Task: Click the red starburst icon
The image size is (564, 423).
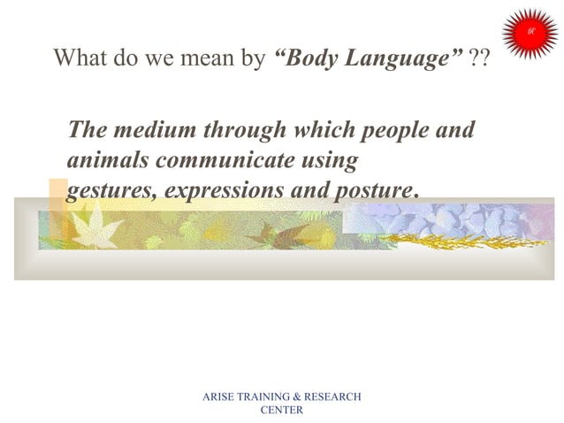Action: (x=530, y=33)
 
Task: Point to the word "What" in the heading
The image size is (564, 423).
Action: (x=80, y=59)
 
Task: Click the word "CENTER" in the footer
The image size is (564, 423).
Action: (x=282, y=410)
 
